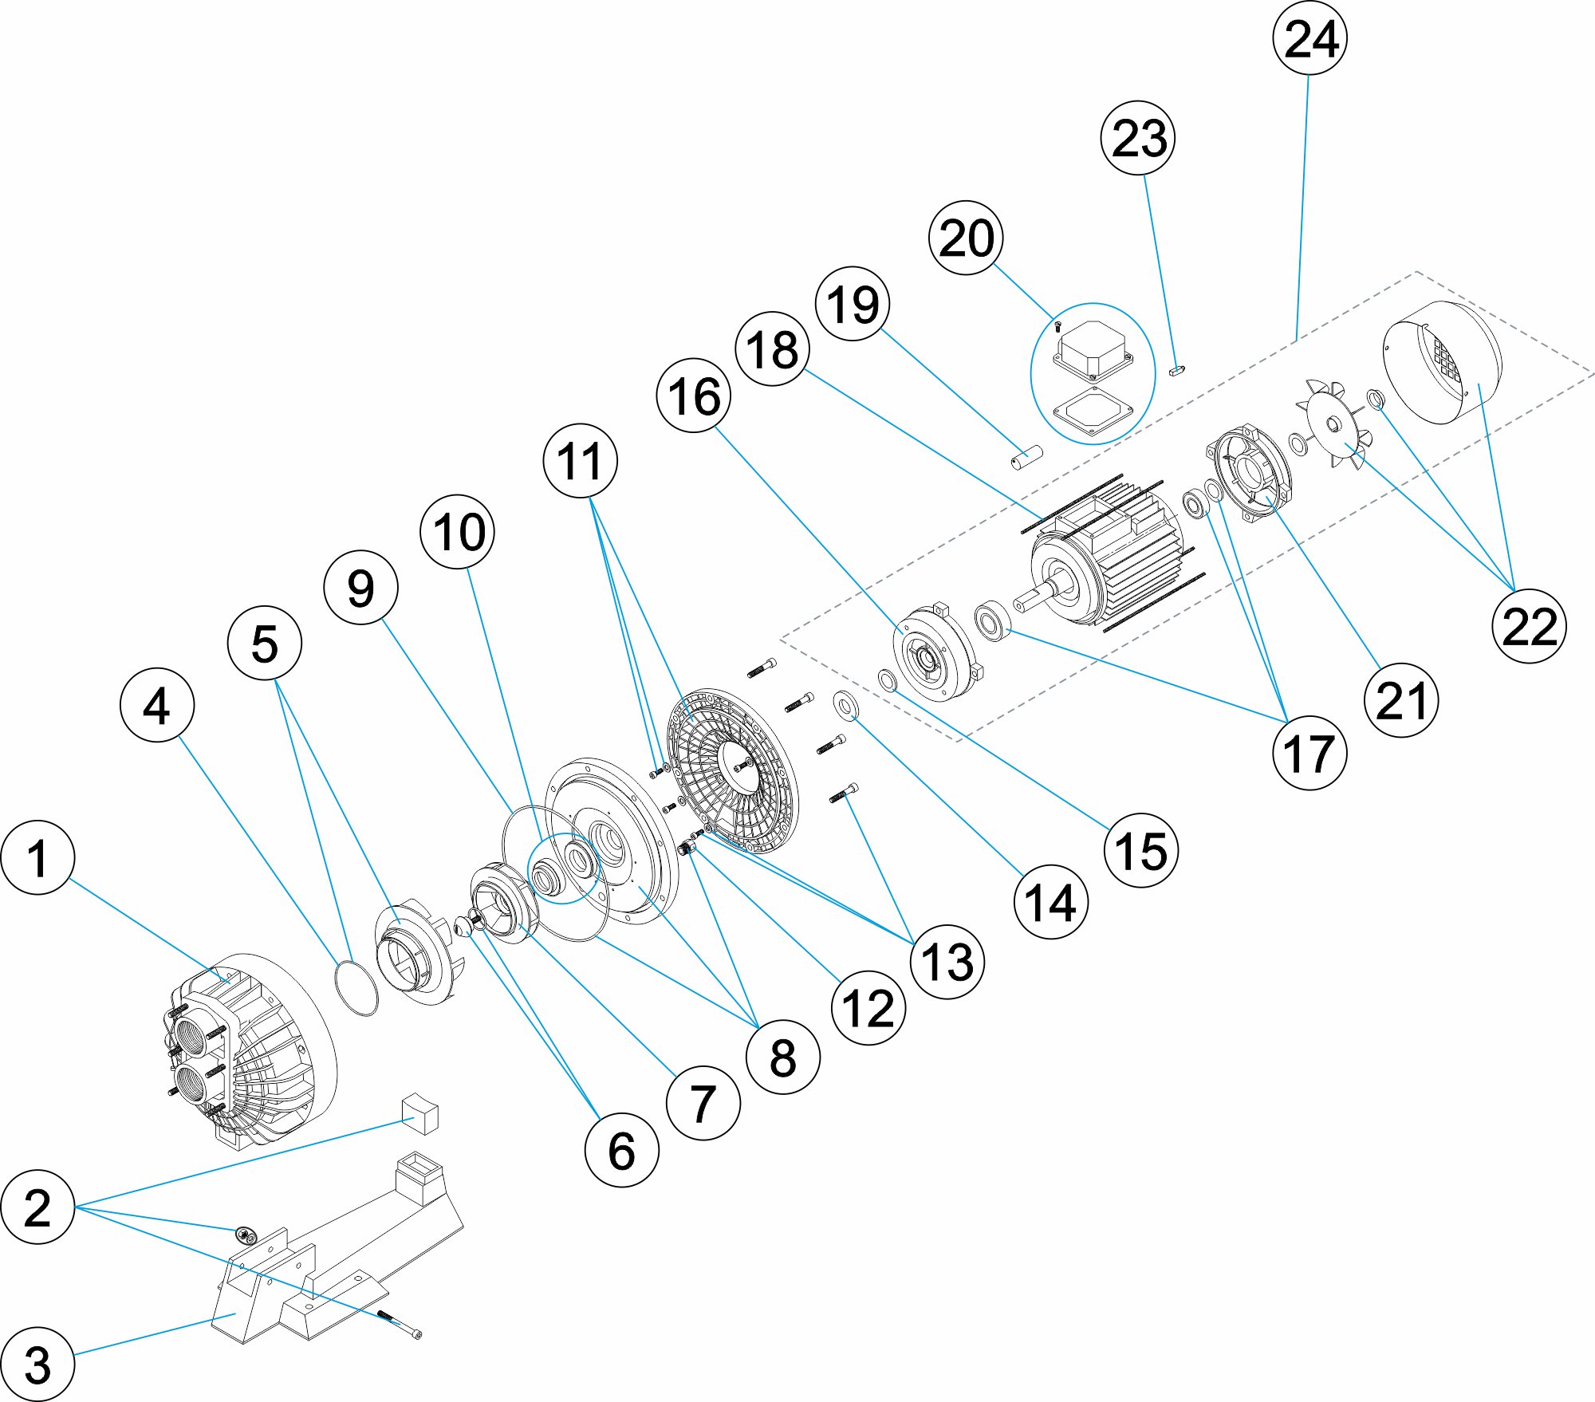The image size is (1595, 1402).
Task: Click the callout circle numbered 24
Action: pyautogui.click(x=1310, y=38)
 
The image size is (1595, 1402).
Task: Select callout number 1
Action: pyautogui.click(x=37, y=857)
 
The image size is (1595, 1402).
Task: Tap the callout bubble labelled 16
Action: pyautogui.click(x=694, y=396)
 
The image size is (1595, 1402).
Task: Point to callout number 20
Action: pyautogui.click(x=966, y=238)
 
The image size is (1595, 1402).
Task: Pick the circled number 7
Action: pyautogui.click(x=703, y=1103)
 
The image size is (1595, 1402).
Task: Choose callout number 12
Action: pyautogui.click(x=868, y=1008)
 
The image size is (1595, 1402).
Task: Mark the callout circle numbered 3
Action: pyautogui.click(x=37, y=1364)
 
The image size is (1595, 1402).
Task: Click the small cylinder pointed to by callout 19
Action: pyautogui.click(x=1027, y=458)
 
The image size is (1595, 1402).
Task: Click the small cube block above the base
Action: pyautogui.click(x=421, y=1113)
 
